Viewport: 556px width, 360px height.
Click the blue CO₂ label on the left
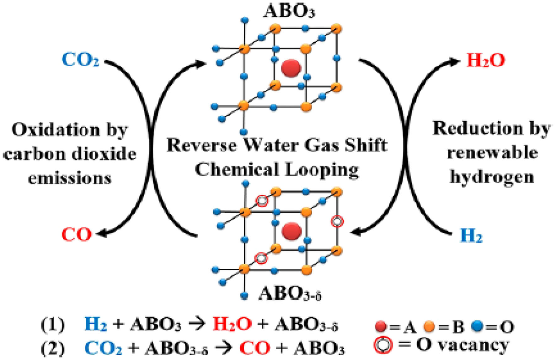80,59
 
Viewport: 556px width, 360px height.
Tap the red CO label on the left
77,235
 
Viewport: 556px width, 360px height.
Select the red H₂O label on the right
486,60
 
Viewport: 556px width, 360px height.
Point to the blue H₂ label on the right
471,236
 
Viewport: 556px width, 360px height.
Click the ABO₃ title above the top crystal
289,11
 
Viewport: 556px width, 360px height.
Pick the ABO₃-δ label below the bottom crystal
290,294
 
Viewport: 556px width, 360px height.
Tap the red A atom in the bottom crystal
292,231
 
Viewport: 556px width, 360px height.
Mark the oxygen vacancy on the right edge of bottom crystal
337,222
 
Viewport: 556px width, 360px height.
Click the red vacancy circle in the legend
383,345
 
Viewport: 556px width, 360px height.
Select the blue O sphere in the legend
477,326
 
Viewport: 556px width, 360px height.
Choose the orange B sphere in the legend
429,326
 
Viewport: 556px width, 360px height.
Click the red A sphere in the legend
381,326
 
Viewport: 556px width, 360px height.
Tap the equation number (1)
53,325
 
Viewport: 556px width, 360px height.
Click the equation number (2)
53,347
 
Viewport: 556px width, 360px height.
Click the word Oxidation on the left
55,130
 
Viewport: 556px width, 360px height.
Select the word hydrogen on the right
492,177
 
